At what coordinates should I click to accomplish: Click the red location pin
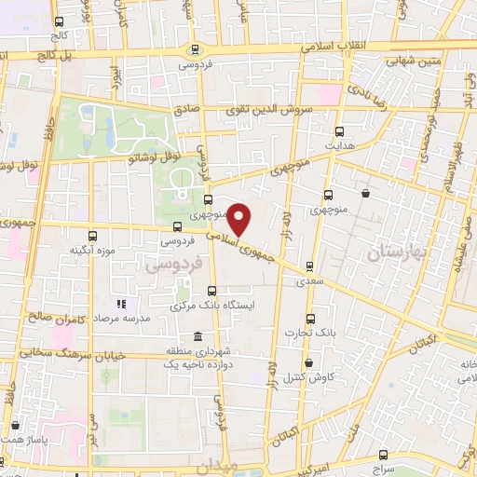click(x=239, y=219)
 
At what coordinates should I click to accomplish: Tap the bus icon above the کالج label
click(x=60, y=21)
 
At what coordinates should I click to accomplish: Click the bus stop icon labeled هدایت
click(x=338, y=131)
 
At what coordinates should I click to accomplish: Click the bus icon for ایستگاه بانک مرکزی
click(x=212, y=290)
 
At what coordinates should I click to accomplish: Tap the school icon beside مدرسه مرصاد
click(x=120, y=304)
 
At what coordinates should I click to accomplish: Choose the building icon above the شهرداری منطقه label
click(x=197, y=335)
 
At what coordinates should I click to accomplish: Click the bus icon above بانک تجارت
click(x=311, y=317)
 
